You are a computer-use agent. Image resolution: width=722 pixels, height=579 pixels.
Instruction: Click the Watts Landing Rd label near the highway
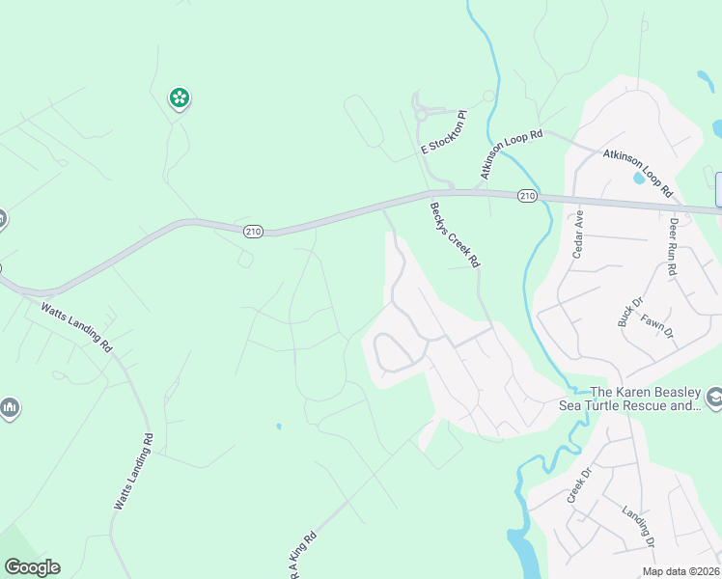click(77, 327)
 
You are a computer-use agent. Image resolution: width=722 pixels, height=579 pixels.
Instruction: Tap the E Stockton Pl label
click(444, 133)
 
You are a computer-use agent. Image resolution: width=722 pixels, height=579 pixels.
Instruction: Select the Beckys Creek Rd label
click(455, 234)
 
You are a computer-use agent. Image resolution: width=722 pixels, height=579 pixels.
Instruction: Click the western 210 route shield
click(253, 232)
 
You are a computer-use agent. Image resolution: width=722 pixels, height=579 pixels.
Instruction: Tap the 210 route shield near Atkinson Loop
click(526, 196)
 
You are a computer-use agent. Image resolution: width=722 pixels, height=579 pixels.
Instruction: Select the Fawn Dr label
click(655, 326)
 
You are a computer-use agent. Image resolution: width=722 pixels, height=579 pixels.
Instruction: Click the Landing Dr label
click(638, 525)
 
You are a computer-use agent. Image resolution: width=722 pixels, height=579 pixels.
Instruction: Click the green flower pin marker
click(179, 96)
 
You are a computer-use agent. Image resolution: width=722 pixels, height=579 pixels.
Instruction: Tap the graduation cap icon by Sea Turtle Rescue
click(713, 397)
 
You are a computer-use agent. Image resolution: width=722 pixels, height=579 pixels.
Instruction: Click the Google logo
click(32, 567)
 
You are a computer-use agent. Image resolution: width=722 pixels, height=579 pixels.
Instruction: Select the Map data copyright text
click(681, 571)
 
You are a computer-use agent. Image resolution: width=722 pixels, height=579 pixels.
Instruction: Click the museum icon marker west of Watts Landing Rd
click(10, 408)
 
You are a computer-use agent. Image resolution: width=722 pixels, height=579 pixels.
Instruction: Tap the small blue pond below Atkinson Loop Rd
click(638, 179)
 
